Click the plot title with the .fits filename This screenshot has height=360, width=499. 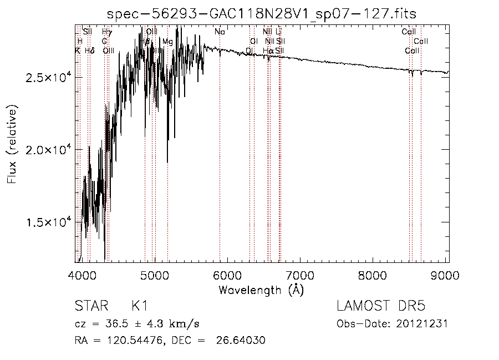pyautogui.click(x=261, y=13)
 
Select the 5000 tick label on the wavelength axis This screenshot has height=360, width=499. pyautogui.click(x=155, y=276)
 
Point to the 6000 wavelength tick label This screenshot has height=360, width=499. pyautogui.click(x=227, y=276)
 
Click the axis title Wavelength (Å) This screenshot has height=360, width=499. pyautogui.click(x=261, y=290)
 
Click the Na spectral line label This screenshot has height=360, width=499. pyautogui.click(x=220, y=32)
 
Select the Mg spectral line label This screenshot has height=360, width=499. pyautogui.click(x=167, y=42)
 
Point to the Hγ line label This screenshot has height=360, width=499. pyautogui.click(x=107, y=32)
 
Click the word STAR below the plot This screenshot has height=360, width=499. pyautogui.click(x=89, y=306)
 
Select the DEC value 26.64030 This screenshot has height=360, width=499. pyautogui.click(x=243, y=340)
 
